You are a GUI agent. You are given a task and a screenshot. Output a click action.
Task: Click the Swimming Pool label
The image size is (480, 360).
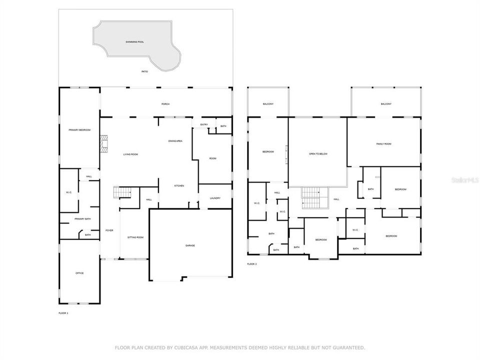(134, 41)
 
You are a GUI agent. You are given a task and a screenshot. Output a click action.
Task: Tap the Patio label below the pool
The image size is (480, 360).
(144, 71)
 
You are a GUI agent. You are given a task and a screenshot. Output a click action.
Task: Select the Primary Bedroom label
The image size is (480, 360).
(79, 130)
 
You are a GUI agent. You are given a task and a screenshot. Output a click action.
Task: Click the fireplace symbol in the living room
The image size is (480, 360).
(104, 143)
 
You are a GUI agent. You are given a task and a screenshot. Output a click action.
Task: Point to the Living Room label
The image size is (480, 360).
(130, 154)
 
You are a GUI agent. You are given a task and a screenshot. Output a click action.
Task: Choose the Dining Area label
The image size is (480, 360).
(175, 141)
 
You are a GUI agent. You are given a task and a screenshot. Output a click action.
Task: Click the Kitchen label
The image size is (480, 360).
(179, 186)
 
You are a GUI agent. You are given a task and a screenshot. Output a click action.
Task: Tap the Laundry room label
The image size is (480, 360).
(215, 198)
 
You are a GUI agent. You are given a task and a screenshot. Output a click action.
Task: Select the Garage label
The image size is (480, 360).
(190, 245)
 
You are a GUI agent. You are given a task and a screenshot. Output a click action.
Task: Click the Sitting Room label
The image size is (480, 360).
(135, 237)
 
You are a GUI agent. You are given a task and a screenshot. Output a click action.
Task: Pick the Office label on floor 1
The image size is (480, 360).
(79, 273)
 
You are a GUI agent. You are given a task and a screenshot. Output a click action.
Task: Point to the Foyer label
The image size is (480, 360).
(109, 230)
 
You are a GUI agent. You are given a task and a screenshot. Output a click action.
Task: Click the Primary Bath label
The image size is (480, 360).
(82, 219)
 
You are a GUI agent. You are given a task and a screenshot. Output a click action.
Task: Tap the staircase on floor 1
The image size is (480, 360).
(122, 192)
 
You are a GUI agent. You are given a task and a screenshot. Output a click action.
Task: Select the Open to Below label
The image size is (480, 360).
(318, 153)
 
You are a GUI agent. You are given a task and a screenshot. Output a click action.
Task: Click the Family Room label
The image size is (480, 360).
(383, 144)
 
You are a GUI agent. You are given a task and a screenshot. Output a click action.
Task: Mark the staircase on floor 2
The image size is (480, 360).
(313, 197)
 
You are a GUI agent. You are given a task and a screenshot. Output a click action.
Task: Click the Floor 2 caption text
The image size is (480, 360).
(252, 264)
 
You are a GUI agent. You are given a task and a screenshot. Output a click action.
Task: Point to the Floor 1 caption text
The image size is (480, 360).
(63, 313)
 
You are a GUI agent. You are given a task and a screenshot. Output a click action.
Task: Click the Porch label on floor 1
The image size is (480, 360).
(165, 104)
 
